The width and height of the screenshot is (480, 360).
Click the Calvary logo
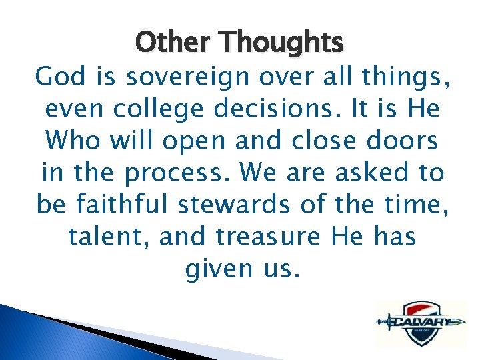420,323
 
